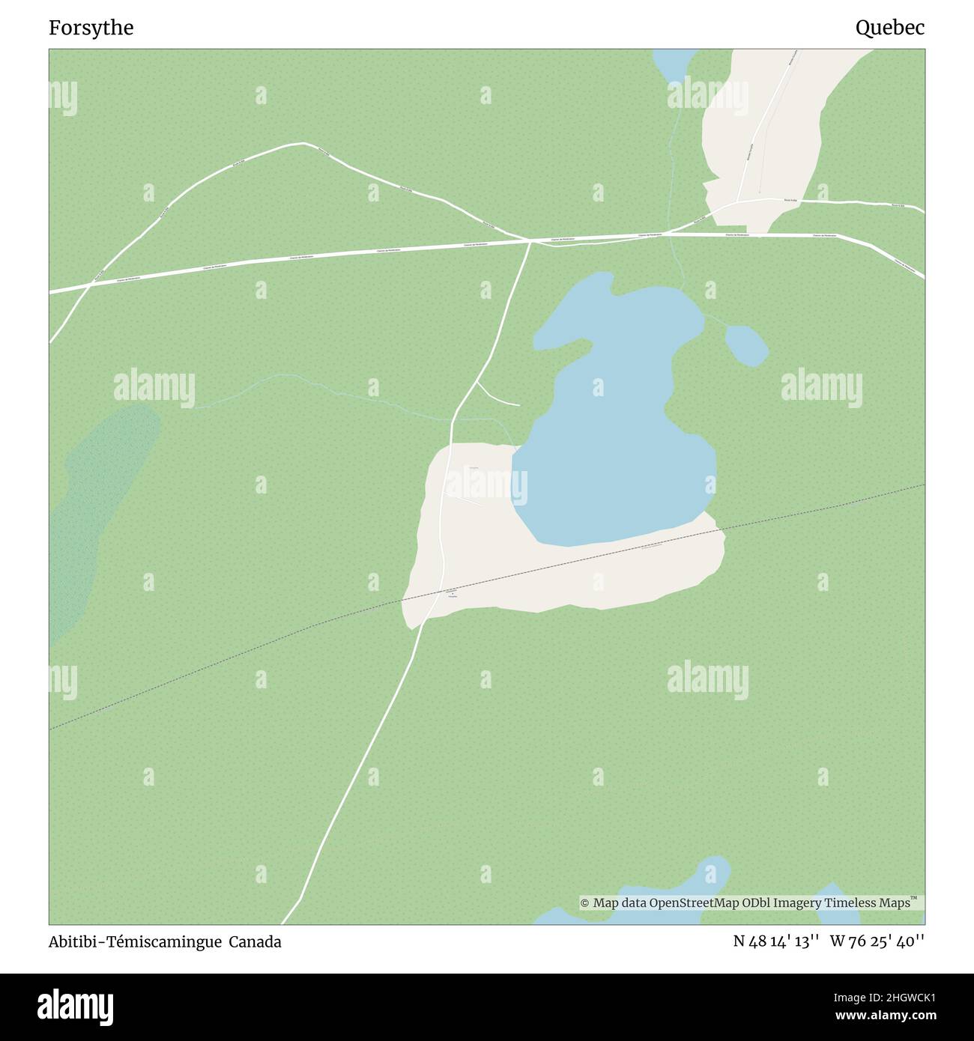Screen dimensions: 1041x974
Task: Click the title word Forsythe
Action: (91, 28)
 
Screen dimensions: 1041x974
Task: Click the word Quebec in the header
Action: (889, 28)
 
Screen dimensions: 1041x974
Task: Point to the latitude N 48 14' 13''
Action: (775, 942)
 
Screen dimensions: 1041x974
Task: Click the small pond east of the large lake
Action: (746, 345)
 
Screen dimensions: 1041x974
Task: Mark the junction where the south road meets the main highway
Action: (530, 240)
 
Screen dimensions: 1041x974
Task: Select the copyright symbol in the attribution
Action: (585, 903)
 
